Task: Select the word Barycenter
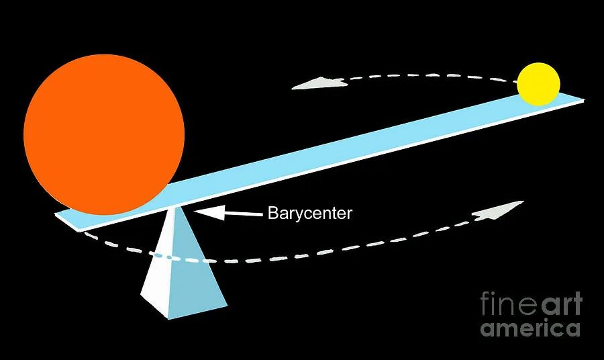(309, 214)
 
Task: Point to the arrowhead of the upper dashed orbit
(315, 83)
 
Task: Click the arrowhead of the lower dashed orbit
(499, 211)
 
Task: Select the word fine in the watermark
(503, 304)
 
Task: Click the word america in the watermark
(530, 328)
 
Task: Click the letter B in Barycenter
(272, 214)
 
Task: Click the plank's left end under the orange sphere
(62, 217)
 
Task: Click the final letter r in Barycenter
(349, 215)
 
